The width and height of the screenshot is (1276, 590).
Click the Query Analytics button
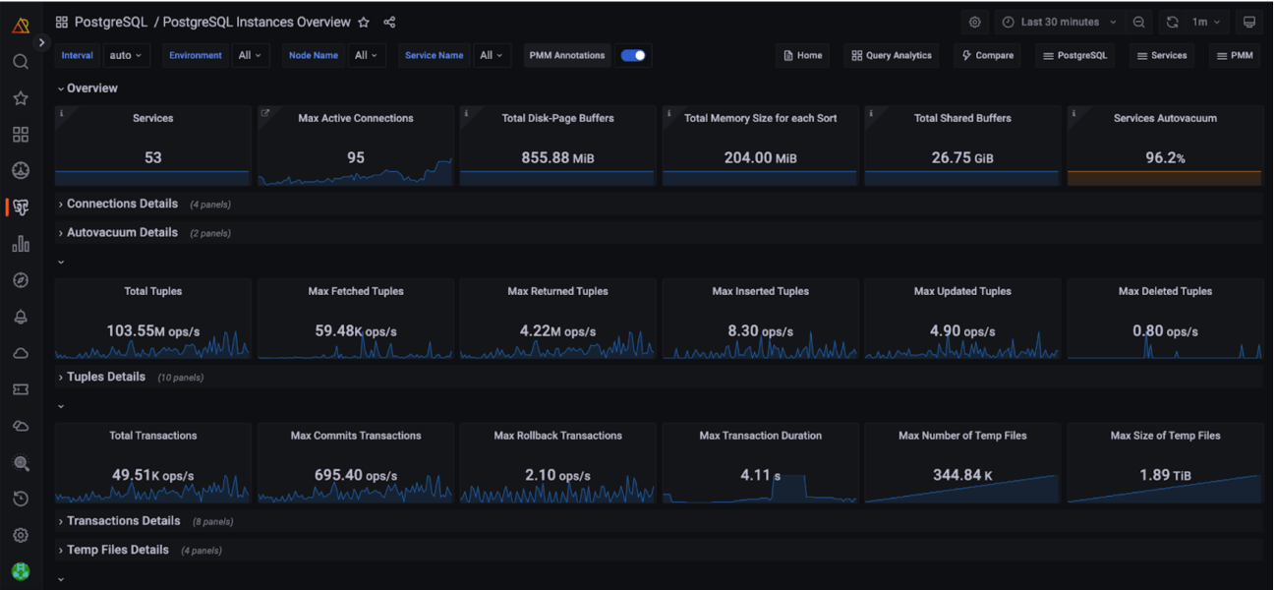coord(892,55)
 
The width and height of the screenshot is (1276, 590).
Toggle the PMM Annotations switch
coord(633,55)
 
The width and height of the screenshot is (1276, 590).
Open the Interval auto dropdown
coord(126,55)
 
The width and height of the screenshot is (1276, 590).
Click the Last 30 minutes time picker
coord(1059,23)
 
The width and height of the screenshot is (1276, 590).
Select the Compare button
coord(988,55)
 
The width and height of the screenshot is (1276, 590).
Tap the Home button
coord(802,55)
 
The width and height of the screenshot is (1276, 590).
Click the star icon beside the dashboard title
coord(364,23)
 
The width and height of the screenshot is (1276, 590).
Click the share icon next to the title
coord(389,23)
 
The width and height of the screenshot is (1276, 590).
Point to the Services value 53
coord(152,158)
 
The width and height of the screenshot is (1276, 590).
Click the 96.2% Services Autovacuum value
coord(1165,158)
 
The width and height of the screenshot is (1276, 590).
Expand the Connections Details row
coord(122,204)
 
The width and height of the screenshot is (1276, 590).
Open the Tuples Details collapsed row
coord(106,377)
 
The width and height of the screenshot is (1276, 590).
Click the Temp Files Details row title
coord(118,550)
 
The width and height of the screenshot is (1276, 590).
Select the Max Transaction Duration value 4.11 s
coord(761,475)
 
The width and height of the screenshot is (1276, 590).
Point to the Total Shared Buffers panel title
coord(962,118)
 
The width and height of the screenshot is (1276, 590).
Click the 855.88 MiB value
coord(557,158)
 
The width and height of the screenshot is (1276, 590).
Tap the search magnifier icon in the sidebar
coord(21,62)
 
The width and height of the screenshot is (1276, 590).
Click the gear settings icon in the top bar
coord(974,23)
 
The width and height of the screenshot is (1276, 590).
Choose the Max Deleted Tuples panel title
coord(1165,291)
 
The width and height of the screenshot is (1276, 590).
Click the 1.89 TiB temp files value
coord(1165,475)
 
